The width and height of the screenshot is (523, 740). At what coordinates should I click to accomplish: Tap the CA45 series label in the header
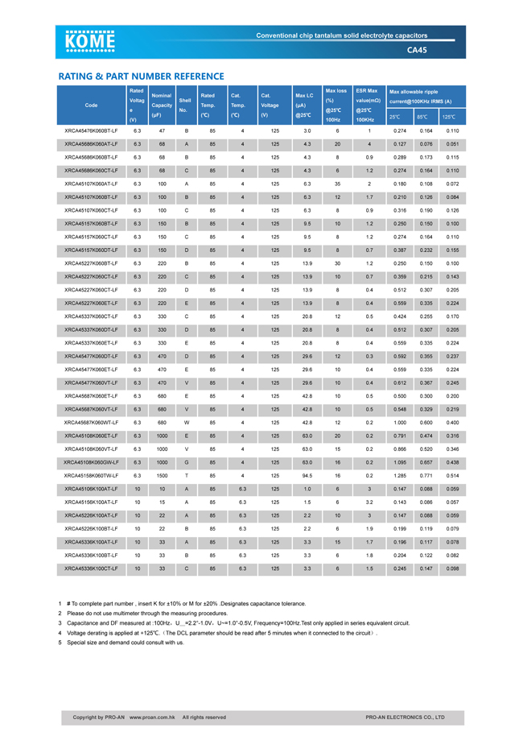point(417,50)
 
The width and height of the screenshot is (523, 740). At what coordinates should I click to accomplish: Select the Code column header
point(91,105)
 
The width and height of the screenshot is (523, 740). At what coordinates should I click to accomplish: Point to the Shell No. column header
point(184,105)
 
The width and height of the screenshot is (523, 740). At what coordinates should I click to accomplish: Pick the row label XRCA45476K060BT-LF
point(91,130)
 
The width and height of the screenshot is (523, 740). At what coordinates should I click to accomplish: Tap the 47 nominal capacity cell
point(162,130)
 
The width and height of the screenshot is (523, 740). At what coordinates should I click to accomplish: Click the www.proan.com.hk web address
point(153,717)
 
